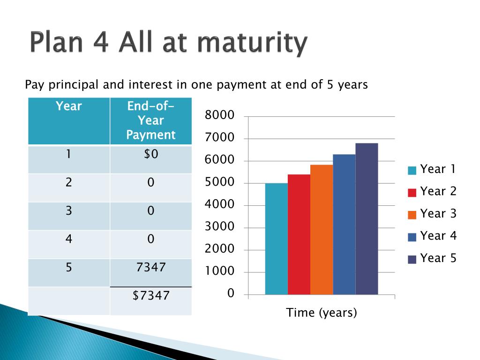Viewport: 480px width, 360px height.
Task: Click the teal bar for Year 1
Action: [x=277, y=239]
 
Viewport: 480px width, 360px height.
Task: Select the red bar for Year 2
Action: [x=299, y=234]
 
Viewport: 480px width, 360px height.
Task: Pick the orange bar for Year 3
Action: [x=322, y=230]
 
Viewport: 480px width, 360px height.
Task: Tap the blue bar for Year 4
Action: [x=345, y=225]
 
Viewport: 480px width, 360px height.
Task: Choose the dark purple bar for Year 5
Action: [x=367, y=219]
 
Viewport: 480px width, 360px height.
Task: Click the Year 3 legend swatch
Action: [x=412, y=215]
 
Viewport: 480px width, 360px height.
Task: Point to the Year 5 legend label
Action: [x=438, y=258]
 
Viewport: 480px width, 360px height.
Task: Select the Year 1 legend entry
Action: [x=432, y=169]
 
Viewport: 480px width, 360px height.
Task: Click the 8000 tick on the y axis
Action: [x=219, y=115]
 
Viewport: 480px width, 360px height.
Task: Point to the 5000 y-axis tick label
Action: [x=219, y=182]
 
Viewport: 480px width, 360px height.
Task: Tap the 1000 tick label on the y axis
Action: [x=219, y=271]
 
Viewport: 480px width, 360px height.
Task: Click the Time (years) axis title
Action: [x=322, y=313]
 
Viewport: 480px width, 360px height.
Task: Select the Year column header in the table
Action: [x=69, y=106]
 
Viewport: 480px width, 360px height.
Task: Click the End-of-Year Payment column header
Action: [x=151, y=120]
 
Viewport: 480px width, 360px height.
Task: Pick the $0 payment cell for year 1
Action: [x=151, y=154]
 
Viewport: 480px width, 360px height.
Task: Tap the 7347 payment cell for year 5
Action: [x=151, y=267]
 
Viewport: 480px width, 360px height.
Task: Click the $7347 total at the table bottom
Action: [x=151, y=295]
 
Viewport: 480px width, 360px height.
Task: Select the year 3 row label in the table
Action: [x=69, y=210]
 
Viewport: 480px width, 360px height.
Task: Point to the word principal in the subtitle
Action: [x=74, y=85]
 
